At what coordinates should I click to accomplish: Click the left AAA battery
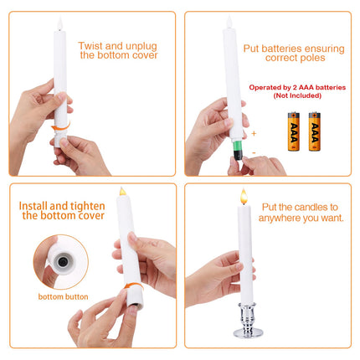pyautogui.click(x=293, y=131)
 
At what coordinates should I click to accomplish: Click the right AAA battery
pyautogui.click(x=314, y=131)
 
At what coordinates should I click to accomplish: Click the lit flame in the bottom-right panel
pyautogui.click(x=244, y=197)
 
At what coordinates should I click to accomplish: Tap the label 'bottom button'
pyautogui.click(x=64, y=296)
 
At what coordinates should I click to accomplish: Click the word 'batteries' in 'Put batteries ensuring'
pyautogui.click(x=289, y=49)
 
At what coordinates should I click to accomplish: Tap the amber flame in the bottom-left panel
pyautogui.click(x=122, y=193)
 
